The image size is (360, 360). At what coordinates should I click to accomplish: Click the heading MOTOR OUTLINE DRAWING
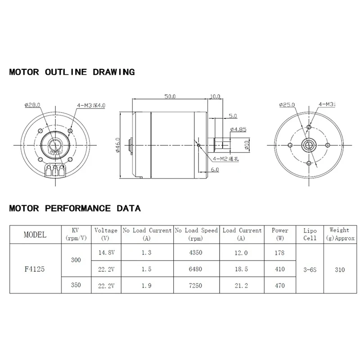coord(72,72)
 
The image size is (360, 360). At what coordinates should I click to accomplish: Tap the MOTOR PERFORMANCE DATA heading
coord(75,208)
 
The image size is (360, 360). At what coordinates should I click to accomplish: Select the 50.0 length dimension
coord(170,96)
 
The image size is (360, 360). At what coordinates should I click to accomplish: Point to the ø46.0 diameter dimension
coord(118,144)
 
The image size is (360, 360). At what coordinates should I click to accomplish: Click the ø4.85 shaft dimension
coord(238,130)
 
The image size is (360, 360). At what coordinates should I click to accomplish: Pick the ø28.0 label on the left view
coord(33,105)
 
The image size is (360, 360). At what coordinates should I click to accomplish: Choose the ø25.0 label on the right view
coord(287,105)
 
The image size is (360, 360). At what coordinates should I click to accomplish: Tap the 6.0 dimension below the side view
coord(214,170)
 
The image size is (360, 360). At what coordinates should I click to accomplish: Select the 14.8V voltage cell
coord(106,253)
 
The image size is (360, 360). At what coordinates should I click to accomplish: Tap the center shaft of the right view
coord(309,144)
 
